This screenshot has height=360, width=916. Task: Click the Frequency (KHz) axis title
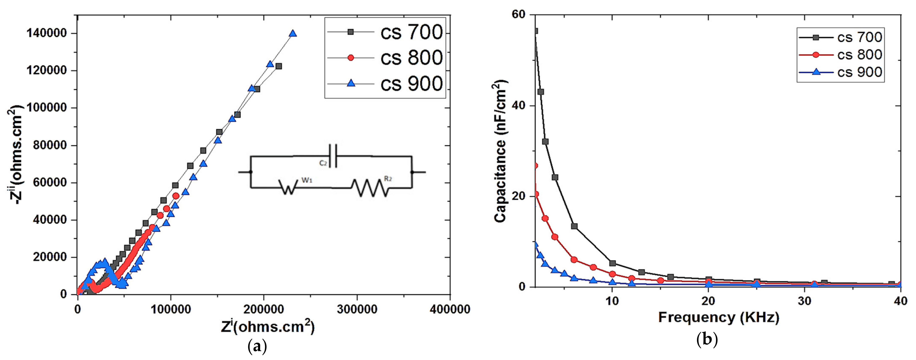click(x=718, y=317)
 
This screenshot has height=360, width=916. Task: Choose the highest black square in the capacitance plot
click(x=535, y=31)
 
